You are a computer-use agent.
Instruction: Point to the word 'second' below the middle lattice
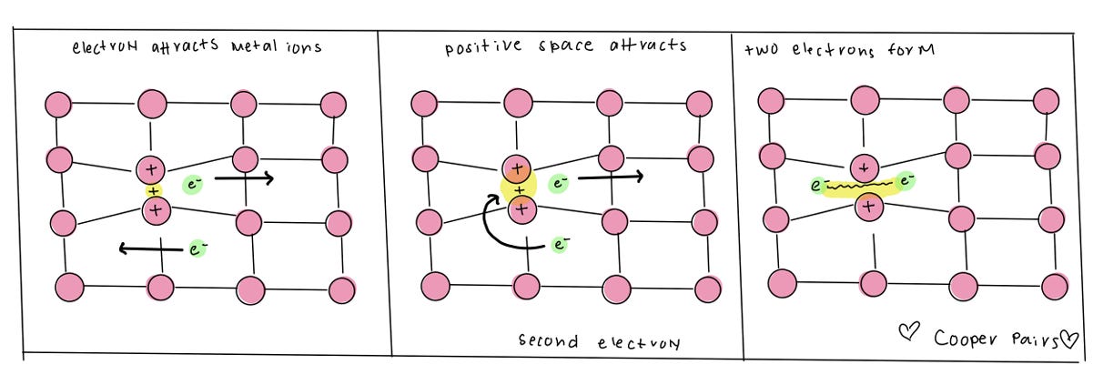click(x=548, y=342)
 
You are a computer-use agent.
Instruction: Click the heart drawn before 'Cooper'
click(x=909, y=336)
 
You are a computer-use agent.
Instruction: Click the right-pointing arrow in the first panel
click(x=244, y=180)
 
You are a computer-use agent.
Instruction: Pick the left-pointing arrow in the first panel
click(x=150, y=248)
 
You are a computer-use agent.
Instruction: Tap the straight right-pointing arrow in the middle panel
click(x=611, y=177)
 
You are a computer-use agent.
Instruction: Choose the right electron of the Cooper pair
click(x=906, y=182)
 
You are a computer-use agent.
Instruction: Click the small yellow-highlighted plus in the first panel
click(x=153, y=191)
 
